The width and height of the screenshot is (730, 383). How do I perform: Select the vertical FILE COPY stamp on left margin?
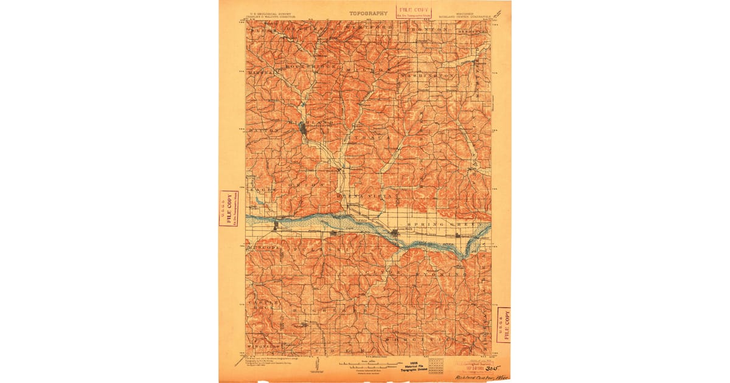(228, 208)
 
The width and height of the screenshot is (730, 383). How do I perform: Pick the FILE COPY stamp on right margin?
(503, 325)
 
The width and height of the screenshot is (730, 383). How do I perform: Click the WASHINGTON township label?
(431, 75)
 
